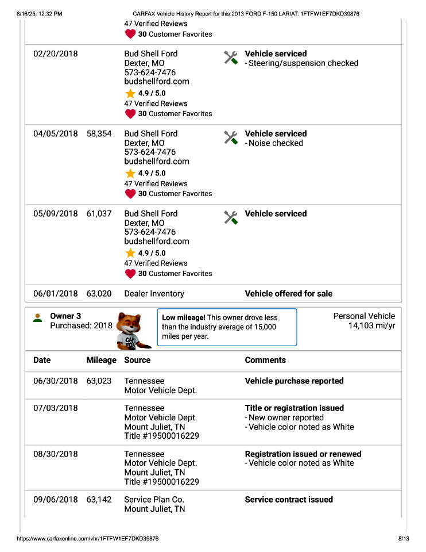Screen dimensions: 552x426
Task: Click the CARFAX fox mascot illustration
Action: (x=133, y=330)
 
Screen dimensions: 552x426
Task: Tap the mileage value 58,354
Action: (x=99, y=133)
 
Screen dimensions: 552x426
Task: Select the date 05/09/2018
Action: (x=55, y=213)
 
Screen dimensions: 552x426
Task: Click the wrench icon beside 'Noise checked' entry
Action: (x=231, y=137)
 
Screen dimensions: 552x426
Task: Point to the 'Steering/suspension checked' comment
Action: (x=303, y=63)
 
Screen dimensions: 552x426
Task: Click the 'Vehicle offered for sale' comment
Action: (x=288, y=293)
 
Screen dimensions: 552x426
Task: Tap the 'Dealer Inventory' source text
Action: (x=154, y=293)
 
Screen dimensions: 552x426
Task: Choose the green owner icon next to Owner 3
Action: (x=38, y=317)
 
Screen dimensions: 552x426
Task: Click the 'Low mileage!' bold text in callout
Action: (x=184, y=317)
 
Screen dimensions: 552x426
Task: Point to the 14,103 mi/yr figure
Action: (x=371, y=326)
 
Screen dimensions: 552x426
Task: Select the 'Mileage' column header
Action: (x=101, y=360)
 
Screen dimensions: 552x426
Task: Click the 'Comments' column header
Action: (x=265, y=360)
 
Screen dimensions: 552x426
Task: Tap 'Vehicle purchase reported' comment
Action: (x=294, y=381)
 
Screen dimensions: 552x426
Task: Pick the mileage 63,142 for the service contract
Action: (x=99, y=500)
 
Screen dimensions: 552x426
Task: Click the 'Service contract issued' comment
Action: (x=289, y=500)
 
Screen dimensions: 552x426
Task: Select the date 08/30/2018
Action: (x=55, y=454)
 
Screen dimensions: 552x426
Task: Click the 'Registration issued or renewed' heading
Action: (x=303, y=454)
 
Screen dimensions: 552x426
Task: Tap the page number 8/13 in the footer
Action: (x=403, y=539)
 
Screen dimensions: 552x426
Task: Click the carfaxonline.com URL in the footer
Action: (x=88, y=539)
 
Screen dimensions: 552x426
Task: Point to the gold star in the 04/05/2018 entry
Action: (x=130, y=173)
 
